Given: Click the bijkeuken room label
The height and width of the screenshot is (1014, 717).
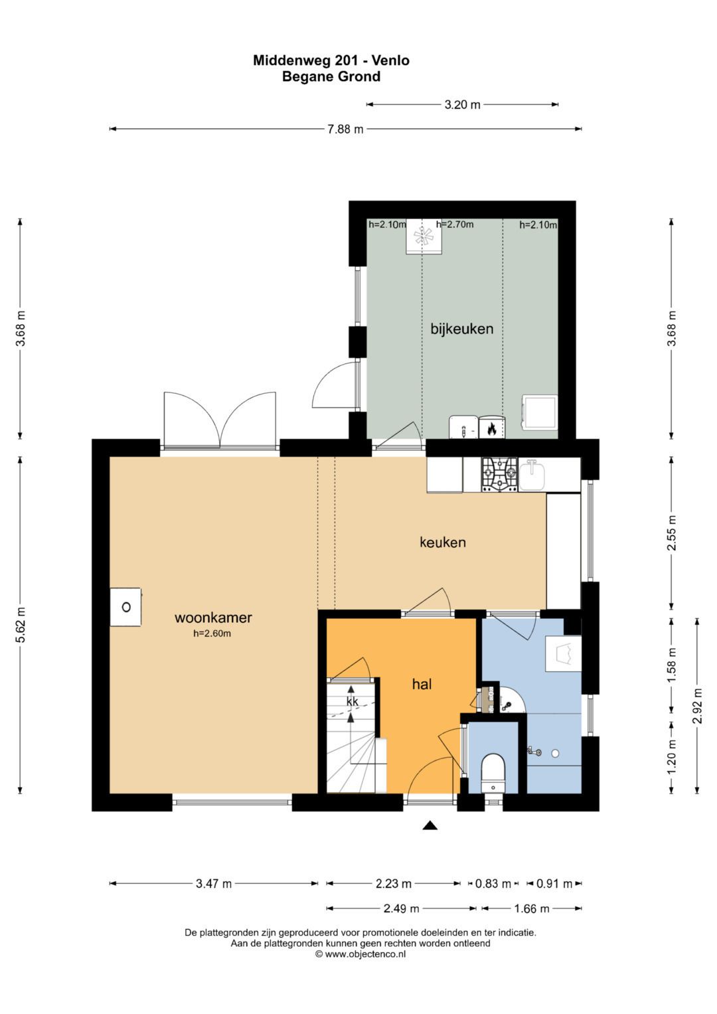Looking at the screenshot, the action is pos(461,329).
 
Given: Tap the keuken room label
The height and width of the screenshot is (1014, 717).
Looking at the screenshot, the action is pos(443,542).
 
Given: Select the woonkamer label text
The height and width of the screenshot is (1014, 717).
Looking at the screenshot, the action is pos(213,618).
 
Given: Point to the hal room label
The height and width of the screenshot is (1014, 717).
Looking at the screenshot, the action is pos(422,684).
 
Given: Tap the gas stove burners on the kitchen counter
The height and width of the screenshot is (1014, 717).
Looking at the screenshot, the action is pos(499,474).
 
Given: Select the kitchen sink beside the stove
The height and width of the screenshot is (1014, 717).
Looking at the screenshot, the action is pos(532,474).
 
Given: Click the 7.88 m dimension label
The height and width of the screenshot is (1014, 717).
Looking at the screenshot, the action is pos(345,129).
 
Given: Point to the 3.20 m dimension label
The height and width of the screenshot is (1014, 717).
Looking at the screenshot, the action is pos(462,105).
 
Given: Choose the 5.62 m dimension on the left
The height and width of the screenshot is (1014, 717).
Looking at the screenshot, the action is pos(21,625).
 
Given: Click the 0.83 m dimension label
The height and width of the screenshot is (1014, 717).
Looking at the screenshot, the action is pos(493,884).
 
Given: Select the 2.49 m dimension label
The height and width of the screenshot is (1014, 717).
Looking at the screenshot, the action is pos(401,908).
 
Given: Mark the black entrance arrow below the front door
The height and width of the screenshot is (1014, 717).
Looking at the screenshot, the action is pos(430,825).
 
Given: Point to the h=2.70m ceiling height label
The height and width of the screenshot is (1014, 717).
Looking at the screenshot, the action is pos(455,224).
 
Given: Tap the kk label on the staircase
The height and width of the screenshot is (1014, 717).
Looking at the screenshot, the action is pos(352,701).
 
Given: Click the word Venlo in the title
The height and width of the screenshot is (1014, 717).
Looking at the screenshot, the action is pos(390,60).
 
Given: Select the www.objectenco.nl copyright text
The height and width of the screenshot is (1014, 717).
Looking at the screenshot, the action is pos(360,954).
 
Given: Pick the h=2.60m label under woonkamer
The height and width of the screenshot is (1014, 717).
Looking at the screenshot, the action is pos(212,634).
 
